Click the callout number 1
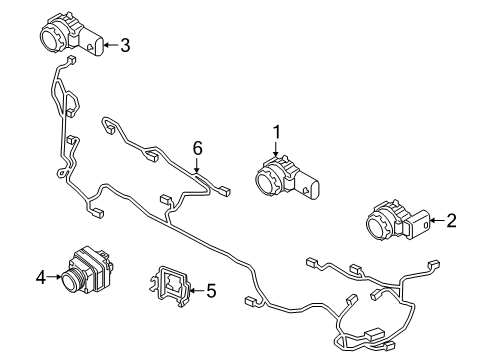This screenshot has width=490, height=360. click(x=276, y=130)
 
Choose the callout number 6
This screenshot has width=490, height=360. click(x=197, y=148)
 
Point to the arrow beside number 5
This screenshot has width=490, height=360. click(x=195, y=291)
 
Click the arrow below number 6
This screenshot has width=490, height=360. click(x=197, y=167)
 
